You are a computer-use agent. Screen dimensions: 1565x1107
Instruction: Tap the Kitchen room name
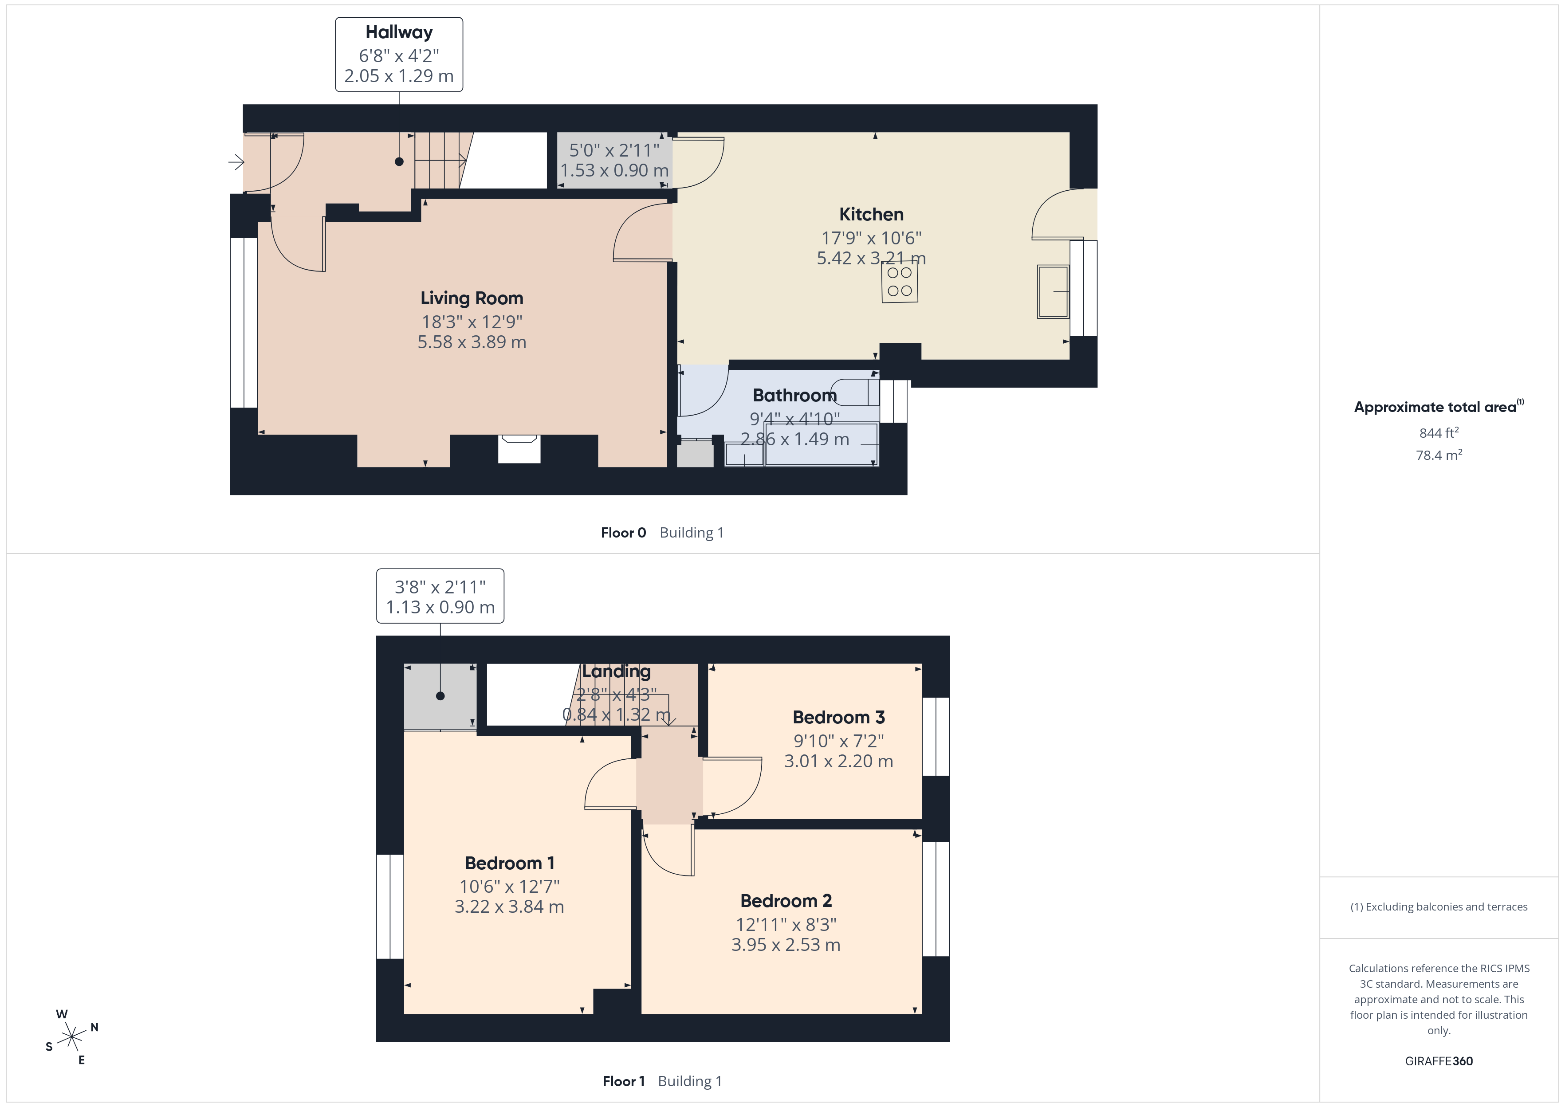[x=871, y=215]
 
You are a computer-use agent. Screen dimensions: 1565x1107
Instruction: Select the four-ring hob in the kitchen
[x=900, y=282]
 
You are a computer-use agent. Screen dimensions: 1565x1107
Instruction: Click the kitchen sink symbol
[x=1053, y=292]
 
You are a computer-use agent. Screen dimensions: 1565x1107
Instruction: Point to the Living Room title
[x=472, y=298]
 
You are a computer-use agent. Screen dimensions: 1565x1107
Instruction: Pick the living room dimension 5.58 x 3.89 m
[x=472, y=342]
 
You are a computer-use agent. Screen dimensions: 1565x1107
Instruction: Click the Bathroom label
[x=795, y=395]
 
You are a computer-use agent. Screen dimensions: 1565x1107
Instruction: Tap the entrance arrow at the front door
[x=236, y=162]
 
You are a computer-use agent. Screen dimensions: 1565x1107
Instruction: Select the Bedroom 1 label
[x=509, y=864]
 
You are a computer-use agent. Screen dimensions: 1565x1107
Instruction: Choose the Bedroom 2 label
[x=786, y=901]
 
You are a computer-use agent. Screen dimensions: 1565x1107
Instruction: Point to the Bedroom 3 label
[x=838, y=718]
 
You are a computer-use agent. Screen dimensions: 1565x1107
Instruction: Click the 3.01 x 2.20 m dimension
[x=838, y=762]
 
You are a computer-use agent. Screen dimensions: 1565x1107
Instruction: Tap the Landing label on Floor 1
[x=616, y=672]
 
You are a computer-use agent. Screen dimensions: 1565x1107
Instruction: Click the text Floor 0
[x=623, y=533]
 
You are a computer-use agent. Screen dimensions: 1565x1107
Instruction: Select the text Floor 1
[x=623, y=1082]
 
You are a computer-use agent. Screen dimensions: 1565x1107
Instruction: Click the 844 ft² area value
[x=1439, y=433]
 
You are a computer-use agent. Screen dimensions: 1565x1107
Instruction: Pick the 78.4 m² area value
[x=1439, y=455]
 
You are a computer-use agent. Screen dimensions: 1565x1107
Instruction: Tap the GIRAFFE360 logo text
[x=1439, y=1061]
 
